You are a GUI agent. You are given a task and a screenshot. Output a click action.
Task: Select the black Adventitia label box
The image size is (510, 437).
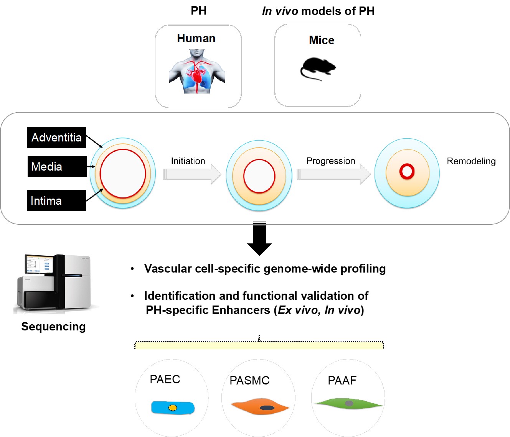56,138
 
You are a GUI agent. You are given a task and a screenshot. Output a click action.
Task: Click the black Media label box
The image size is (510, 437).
57,166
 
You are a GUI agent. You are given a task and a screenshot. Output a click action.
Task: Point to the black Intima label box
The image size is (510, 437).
56,200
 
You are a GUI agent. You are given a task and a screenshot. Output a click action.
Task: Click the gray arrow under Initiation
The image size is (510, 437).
192,174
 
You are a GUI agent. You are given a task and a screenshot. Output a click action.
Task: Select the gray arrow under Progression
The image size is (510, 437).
333,174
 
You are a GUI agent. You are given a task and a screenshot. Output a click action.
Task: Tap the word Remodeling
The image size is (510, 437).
471,161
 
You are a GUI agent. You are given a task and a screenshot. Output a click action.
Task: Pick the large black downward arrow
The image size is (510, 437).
259,238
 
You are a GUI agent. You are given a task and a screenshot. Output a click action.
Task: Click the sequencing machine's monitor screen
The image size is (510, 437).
39,263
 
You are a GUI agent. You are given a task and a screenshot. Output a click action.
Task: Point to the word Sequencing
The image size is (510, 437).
54,327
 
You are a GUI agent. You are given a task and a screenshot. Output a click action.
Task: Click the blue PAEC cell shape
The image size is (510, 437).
173,407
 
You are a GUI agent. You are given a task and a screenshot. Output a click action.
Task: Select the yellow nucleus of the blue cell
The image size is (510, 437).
173,408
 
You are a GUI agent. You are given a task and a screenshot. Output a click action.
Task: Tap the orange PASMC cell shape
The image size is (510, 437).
260,406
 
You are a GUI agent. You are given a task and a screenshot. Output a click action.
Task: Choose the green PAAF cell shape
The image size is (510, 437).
348,404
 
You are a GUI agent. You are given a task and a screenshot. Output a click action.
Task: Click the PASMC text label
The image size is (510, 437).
249,380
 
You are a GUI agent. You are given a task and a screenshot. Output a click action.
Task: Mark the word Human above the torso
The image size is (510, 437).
196,38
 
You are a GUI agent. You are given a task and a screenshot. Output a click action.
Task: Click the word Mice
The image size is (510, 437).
322,40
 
